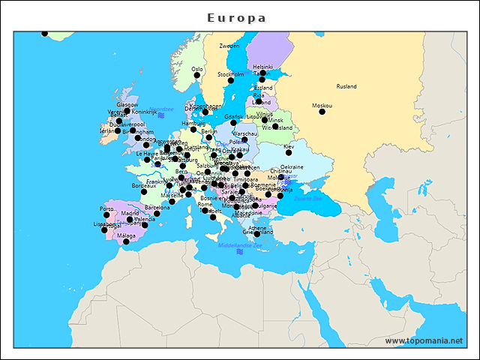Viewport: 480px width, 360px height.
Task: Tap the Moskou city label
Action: point(322,105)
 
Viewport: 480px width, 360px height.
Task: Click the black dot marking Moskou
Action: point(322,112)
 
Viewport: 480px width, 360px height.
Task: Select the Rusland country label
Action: point(346,86)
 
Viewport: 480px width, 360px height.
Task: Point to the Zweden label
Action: point(229,46)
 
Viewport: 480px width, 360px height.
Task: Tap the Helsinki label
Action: point(263,67)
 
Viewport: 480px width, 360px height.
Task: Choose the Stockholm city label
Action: point(231,74)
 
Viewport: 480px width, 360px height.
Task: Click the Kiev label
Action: point(289,147)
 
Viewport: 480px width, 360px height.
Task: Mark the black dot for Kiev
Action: point(289,153)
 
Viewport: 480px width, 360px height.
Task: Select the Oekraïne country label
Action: point(292,166)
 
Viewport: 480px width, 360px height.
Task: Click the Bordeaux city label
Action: point(143,185)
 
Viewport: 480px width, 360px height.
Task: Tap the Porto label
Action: point(106,208)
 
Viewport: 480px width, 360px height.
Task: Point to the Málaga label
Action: point(126,235)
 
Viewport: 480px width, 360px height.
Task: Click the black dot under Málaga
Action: point(126,241)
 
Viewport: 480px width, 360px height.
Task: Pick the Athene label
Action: point(257,227)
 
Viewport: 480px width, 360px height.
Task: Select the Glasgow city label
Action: point(127,105)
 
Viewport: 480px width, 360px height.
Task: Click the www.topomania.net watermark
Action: point(424,340)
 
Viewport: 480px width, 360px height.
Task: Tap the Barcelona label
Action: point(157,207)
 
